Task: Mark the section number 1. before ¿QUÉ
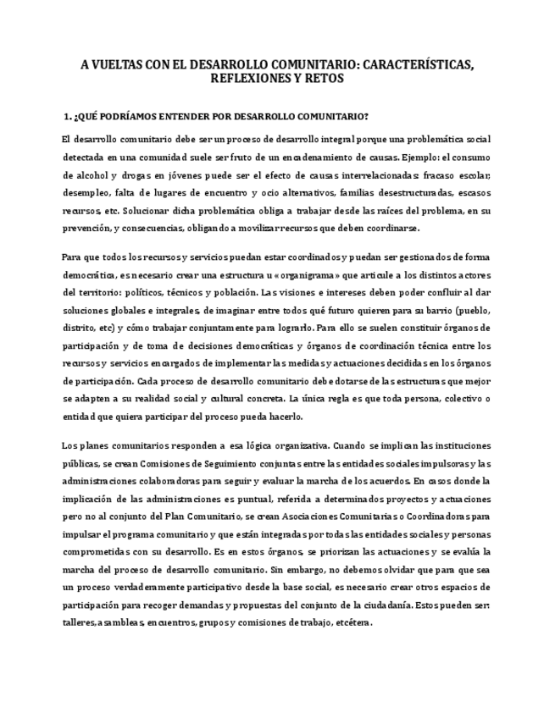(69, 115)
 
